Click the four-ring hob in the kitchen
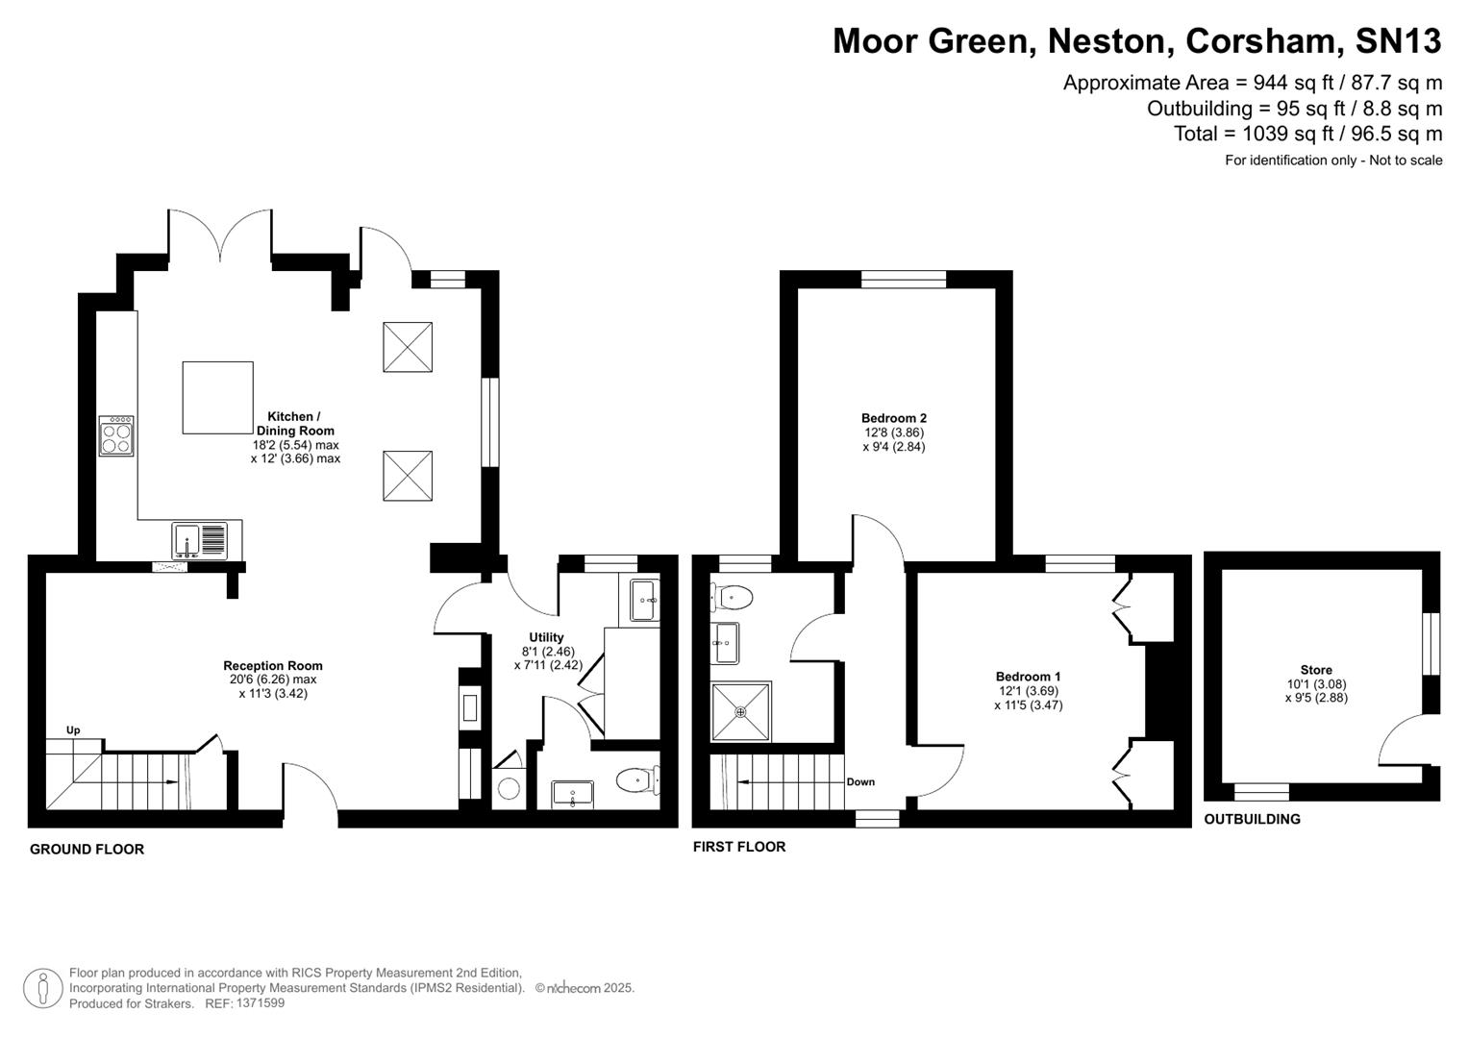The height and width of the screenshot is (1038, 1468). [x=116, y=435]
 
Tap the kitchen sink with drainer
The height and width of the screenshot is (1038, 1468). [x=200, y=541]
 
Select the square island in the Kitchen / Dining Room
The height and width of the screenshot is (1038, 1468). [x=218, y=397]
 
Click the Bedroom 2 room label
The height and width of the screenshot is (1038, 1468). [x=893, y=418]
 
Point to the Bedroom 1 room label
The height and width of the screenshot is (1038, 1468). [x=1028, y=677]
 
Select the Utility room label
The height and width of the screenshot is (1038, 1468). [x=546, y=637]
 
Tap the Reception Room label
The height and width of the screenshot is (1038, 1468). [x=273, y=665]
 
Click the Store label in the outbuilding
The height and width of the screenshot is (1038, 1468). [x=1316, y=670]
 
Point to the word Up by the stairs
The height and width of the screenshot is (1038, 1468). [x=73, y=730]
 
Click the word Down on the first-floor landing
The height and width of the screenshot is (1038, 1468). [x=860, y=781]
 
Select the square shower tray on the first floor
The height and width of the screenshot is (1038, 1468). [x=740, y=712]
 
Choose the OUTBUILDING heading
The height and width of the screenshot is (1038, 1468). [x=1252, y=819]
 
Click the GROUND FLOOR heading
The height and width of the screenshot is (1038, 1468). [x=87, y=849]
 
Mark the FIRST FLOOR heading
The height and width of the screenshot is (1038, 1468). [x=739, y=847]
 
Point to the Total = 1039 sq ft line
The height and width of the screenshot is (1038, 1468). [x=1307, y=134]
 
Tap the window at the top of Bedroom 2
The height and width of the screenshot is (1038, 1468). [x=904, y=280]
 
